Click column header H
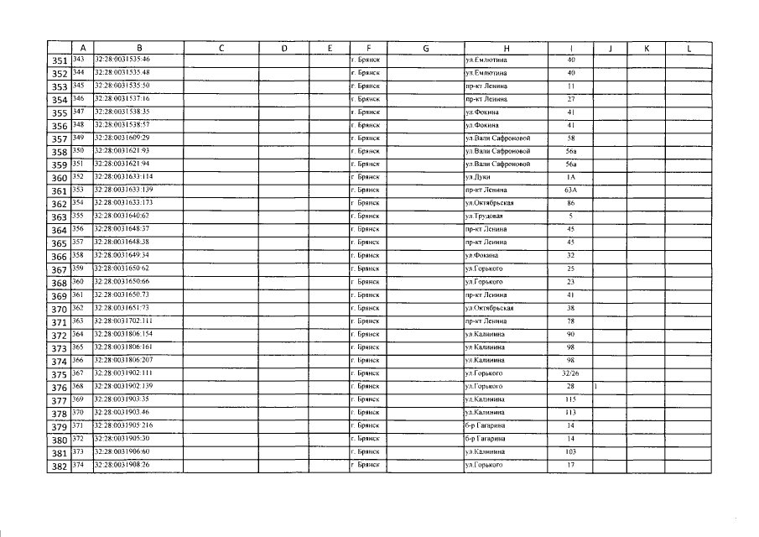(506, 48)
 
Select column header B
(138, 48)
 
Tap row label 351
(59, 60)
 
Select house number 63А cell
(570, 190)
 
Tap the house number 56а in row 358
(570, 151)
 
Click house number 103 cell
(570, 451)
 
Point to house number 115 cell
(570, 399)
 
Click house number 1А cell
(570, 177)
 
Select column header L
(688, 48)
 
